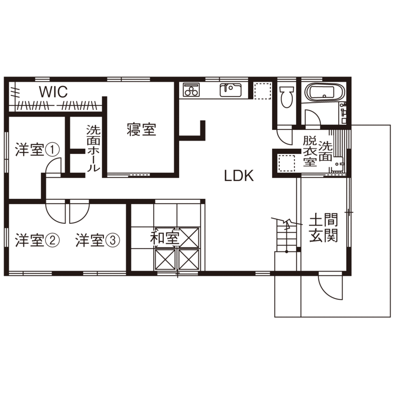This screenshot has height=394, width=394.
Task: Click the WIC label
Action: coord(53,92)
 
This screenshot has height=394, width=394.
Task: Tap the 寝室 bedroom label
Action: coord(142,129)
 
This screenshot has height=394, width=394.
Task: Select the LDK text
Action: coord(239,175)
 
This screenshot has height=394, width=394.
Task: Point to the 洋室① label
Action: coord(37,150)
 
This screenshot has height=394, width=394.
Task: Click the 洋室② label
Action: coord(37,240)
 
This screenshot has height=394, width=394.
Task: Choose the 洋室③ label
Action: coord(98,240)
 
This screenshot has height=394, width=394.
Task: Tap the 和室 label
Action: coord(165,237)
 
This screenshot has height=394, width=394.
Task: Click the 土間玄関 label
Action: coord(323,227)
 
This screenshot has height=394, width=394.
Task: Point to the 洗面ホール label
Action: coord(93,149)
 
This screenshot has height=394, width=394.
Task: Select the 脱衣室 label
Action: coord(310,151)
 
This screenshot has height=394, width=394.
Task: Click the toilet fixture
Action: coord(287,97)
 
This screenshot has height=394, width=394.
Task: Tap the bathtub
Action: coord(325,92)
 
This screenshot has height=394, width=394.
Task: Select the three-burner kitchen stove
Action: coord(191,90)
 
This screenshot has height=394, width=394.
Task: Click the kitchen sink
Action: coord(230,90)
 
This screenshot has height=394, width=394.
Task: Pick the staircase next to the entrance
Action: coord(287,236)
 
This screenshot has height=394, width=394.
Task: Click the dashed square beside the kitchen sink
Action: coord(263,90)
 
